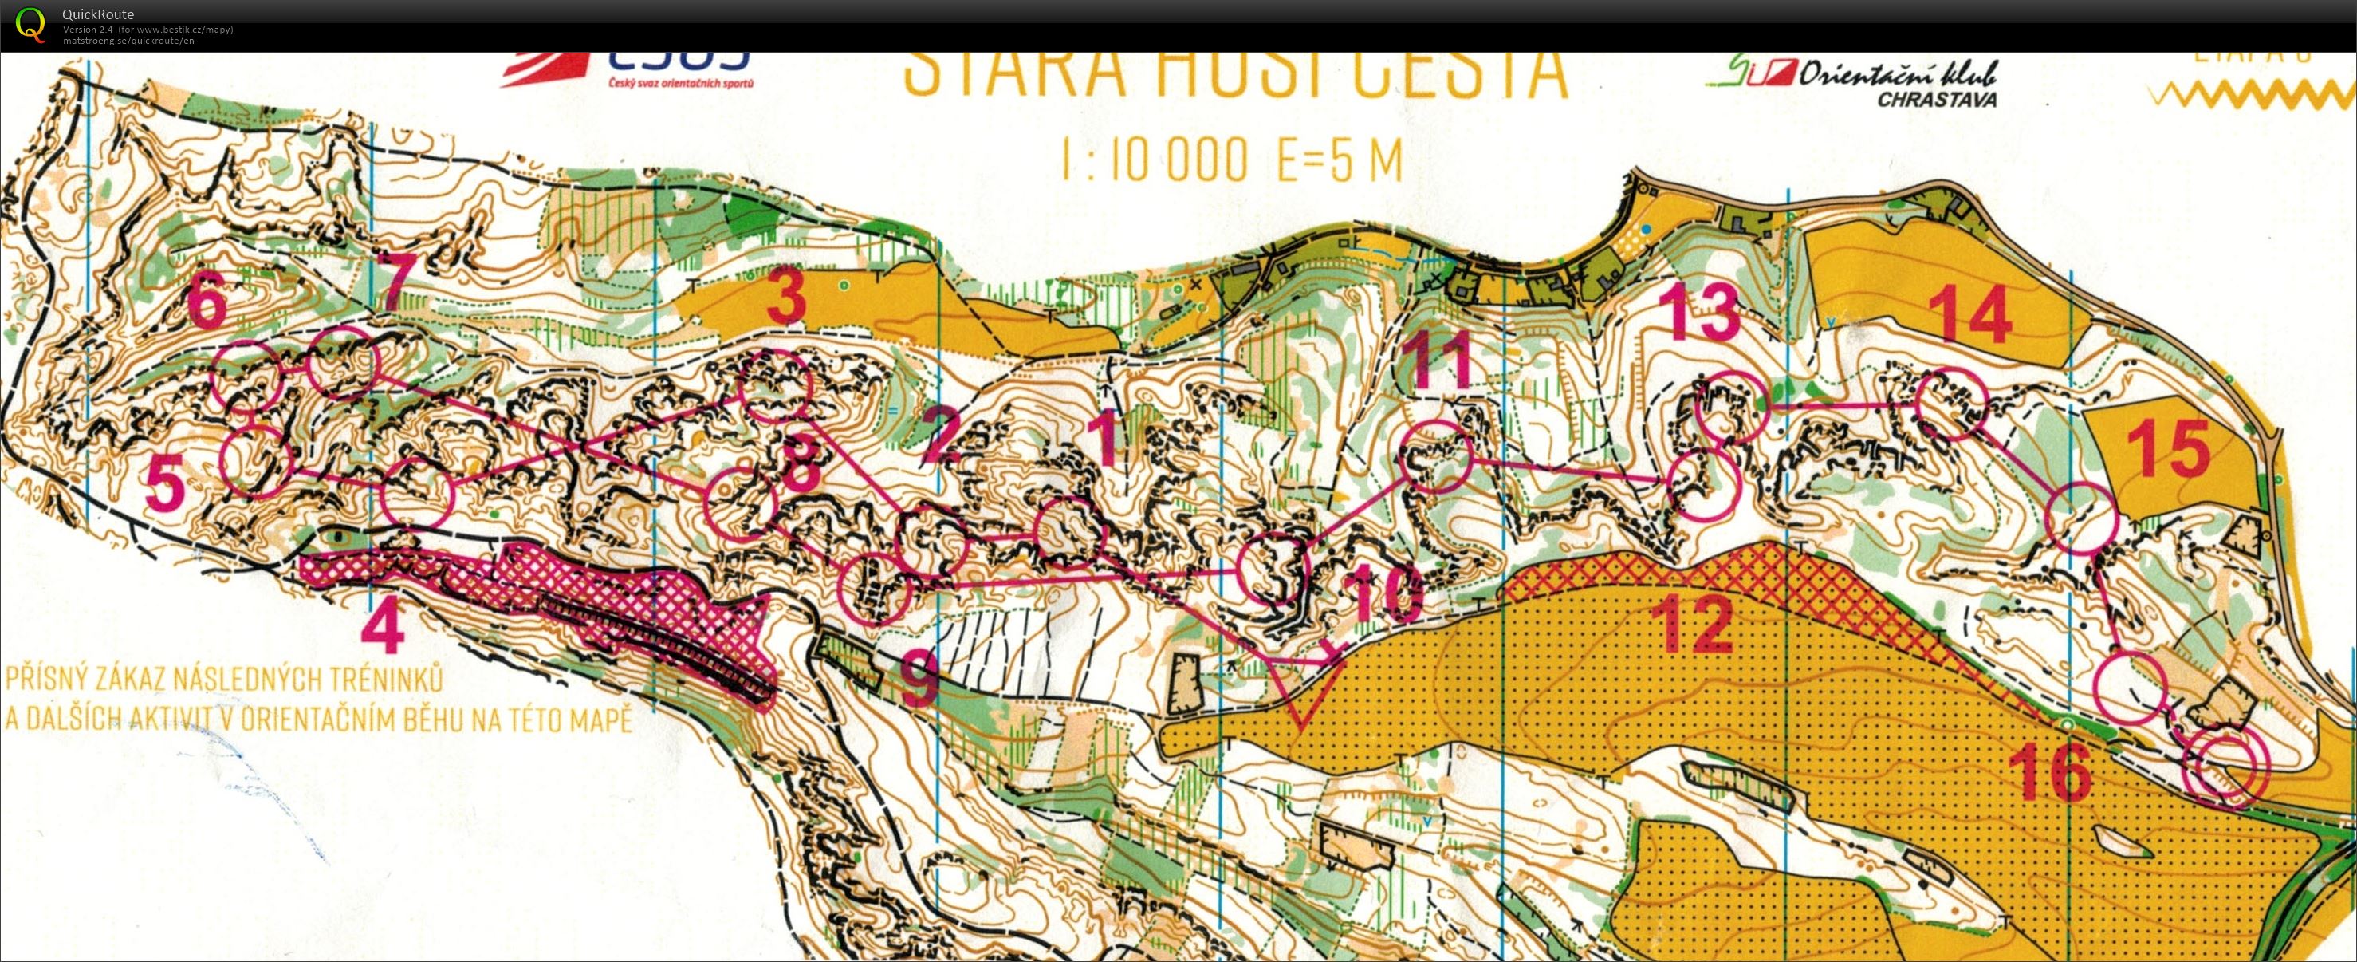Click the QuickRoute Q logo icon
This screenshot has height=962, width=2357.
30,24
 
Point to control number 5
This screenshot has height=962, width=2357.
166,485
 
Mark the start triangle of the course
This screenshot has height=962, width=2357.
1301,690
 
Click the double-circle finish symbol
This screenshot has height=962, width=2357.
2225,769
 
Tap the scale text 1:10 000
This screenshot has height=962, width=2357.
1155,160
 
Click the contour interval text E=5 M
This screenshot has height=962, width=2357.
1339,160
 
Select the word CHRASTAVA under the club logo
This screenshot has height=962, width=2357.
1936,100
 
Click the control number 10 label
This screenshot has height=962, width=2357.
1384,594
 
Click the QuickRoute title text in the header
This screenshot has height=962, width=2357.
98,14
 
